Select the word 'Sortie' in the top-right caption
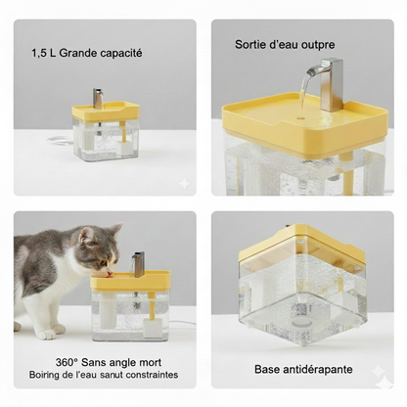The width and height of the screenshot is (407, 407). click(251, 44)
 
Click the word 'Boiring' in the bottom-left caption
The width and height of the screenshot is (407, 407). click(49, 373)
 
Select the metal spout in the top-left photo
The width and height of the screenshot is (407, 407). click(99, 99)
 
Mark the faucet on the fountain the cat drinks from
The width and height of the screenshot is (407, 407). click(140, 262)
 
